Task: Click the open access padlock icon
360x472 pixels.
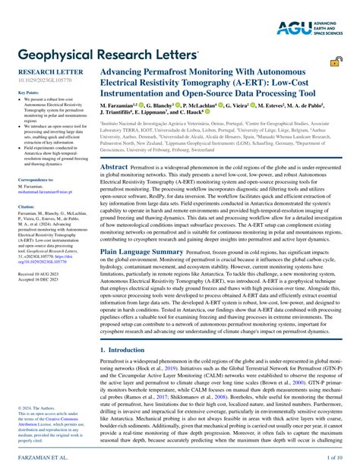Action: click(x=335, y=63)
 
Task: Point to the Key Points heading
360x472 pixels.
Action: click(x=28, y=93)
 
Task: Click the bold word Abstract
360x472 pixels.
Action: click(x=114, y=166)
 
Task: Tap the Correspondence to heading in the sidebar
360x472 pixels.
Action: click(x=36, y=179)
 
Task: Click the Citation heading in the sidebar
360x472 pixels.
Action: click(x=27, y=206)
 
